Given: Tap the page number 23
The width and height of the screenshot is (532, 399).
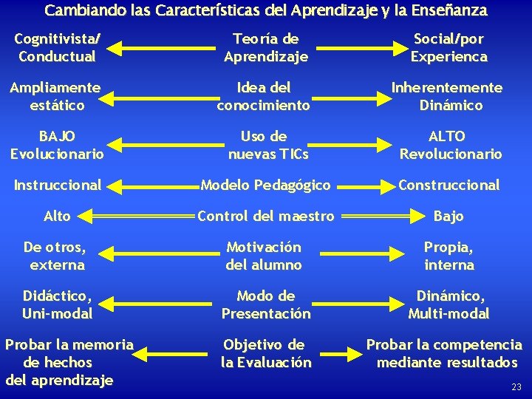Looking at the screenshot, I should tap(516, 386).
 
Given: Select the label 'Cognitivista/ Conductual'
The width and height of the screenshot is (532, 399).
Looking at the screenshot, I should tap(58, 48).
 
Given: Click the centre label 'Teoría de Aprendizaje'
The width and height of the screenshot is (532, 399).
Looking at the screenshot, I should tap(266, 48).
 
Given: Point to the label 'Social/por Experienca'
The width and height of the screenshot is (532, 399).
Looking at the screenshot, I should tap(449, 48).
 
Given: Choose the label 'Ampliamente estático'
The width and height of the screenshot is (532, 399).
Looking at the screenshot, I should tap(56, 97).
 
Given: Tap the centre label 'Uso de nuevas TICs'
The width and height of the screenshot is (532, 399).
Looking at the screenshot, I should tap(268, 146).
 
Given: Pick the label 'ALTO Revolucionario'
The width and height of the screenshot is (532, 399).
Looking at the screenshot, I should tap(450, 146).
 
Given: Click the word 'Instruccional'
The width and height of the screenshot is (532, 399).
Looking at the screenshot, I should tap(58, 185).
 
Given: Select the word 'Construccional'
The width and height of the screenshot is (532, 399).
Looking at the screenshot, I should tap(449, 185).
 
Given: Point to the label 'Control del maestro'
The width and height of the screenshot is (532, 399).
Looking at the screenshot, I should tap(265, 216).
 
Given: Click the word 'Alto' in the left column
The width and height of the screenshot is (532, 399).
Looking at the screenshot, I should tap(57, 216).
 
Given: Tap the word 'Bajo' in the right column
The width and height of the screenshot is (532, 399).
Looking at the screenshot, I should tap(449, 216).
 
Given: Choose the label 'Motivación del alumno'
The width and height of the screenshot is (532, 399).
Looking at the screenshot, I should tap(264, 256).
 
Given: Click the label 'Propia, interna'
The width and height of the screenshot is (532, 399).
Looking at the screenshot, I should tap(449, 256).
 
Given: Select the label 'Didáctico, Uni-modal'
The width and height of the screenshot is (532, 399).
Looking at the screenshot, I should tap(58, 304).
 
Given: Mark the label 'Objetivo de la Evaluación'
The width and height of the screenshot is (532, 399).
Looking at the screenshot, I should tap(266, 353).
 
